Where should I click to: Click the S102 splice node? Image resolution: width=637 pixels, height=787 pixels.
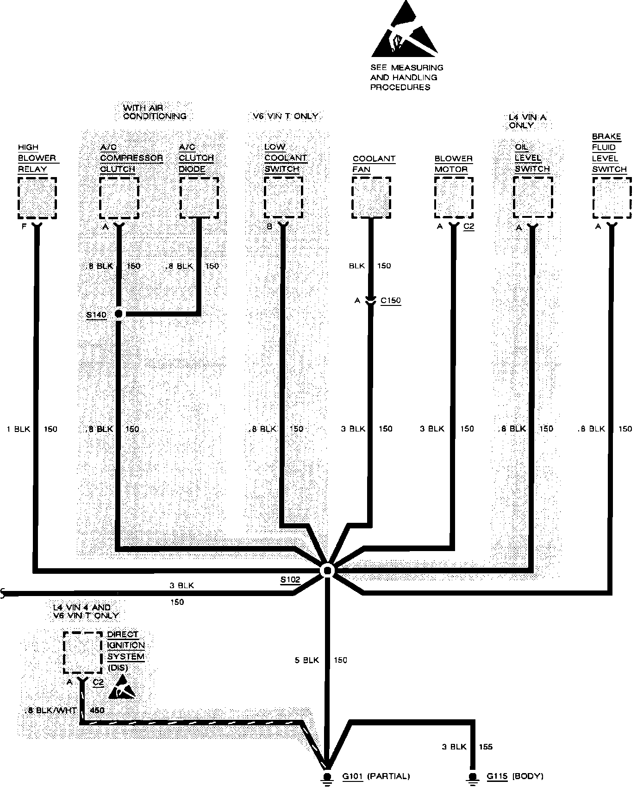327,571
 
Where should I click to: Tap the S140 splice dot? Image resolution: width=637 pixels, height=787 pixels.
119,314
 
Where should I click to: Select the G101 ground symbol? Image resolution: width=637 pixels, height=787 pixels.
327,776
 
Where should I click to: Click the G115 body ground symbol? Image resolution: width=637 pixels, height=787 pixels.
472,776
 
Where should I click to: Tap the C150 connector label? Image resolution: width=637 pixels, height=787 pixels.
390,300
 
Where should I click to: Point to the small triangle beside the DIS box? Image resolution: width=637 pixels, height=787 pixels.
122,687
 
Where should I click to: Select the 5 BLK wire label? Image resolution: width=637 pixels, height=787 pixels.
307,660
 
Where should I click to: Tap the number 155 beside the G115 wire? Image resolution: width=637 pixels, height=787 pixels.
486,747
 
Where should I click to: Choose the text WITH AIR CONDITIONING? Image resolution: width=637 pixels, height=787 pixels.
155,112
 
